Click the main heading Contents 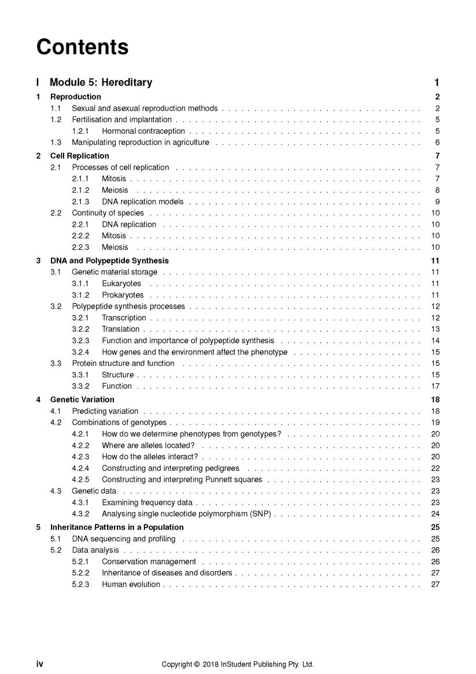click(82, 47)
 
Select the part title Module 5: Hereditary click(101, 82)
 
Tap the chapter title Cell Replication click(79, 156)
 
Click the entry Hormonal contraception click(143, 131)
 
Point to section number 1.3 click(56, 142)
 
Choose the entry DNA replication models click(142, 202)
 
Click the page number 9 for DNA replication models click(437, 202)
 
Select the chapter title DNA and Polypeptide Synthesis click(109, 261)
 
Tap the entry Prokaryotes click(123, 295)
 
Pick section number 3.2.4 click(80, 352)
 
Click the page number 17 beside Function click(436, 386)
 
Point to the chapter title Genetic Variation click(82, 400)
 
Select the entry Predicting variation click(105, 411)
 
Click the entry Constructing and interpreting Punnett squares click(182, 479)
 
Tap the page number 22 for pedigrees click(436, 468)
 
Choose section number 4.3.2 click(80, 514)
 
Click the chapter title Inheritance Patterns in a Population click(117, 528)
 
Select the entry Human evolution click(131, 584)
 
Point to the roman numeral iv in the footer click(40, 664)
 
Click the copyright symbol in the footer click(197, 664)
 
